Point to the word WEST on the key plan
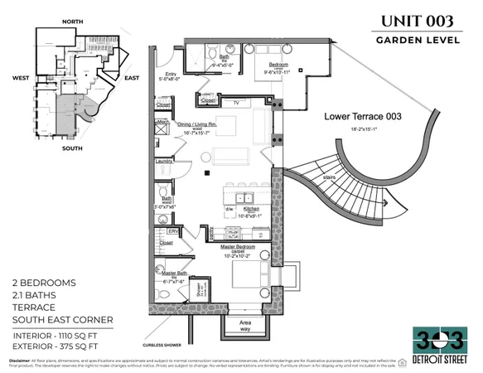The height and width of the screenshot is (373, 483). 22,79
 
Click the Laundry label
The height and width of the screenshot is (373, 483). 164,161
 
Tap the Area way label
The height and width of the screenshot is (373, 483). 245,325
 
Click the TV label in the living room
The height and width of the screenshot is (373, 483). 238,103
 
